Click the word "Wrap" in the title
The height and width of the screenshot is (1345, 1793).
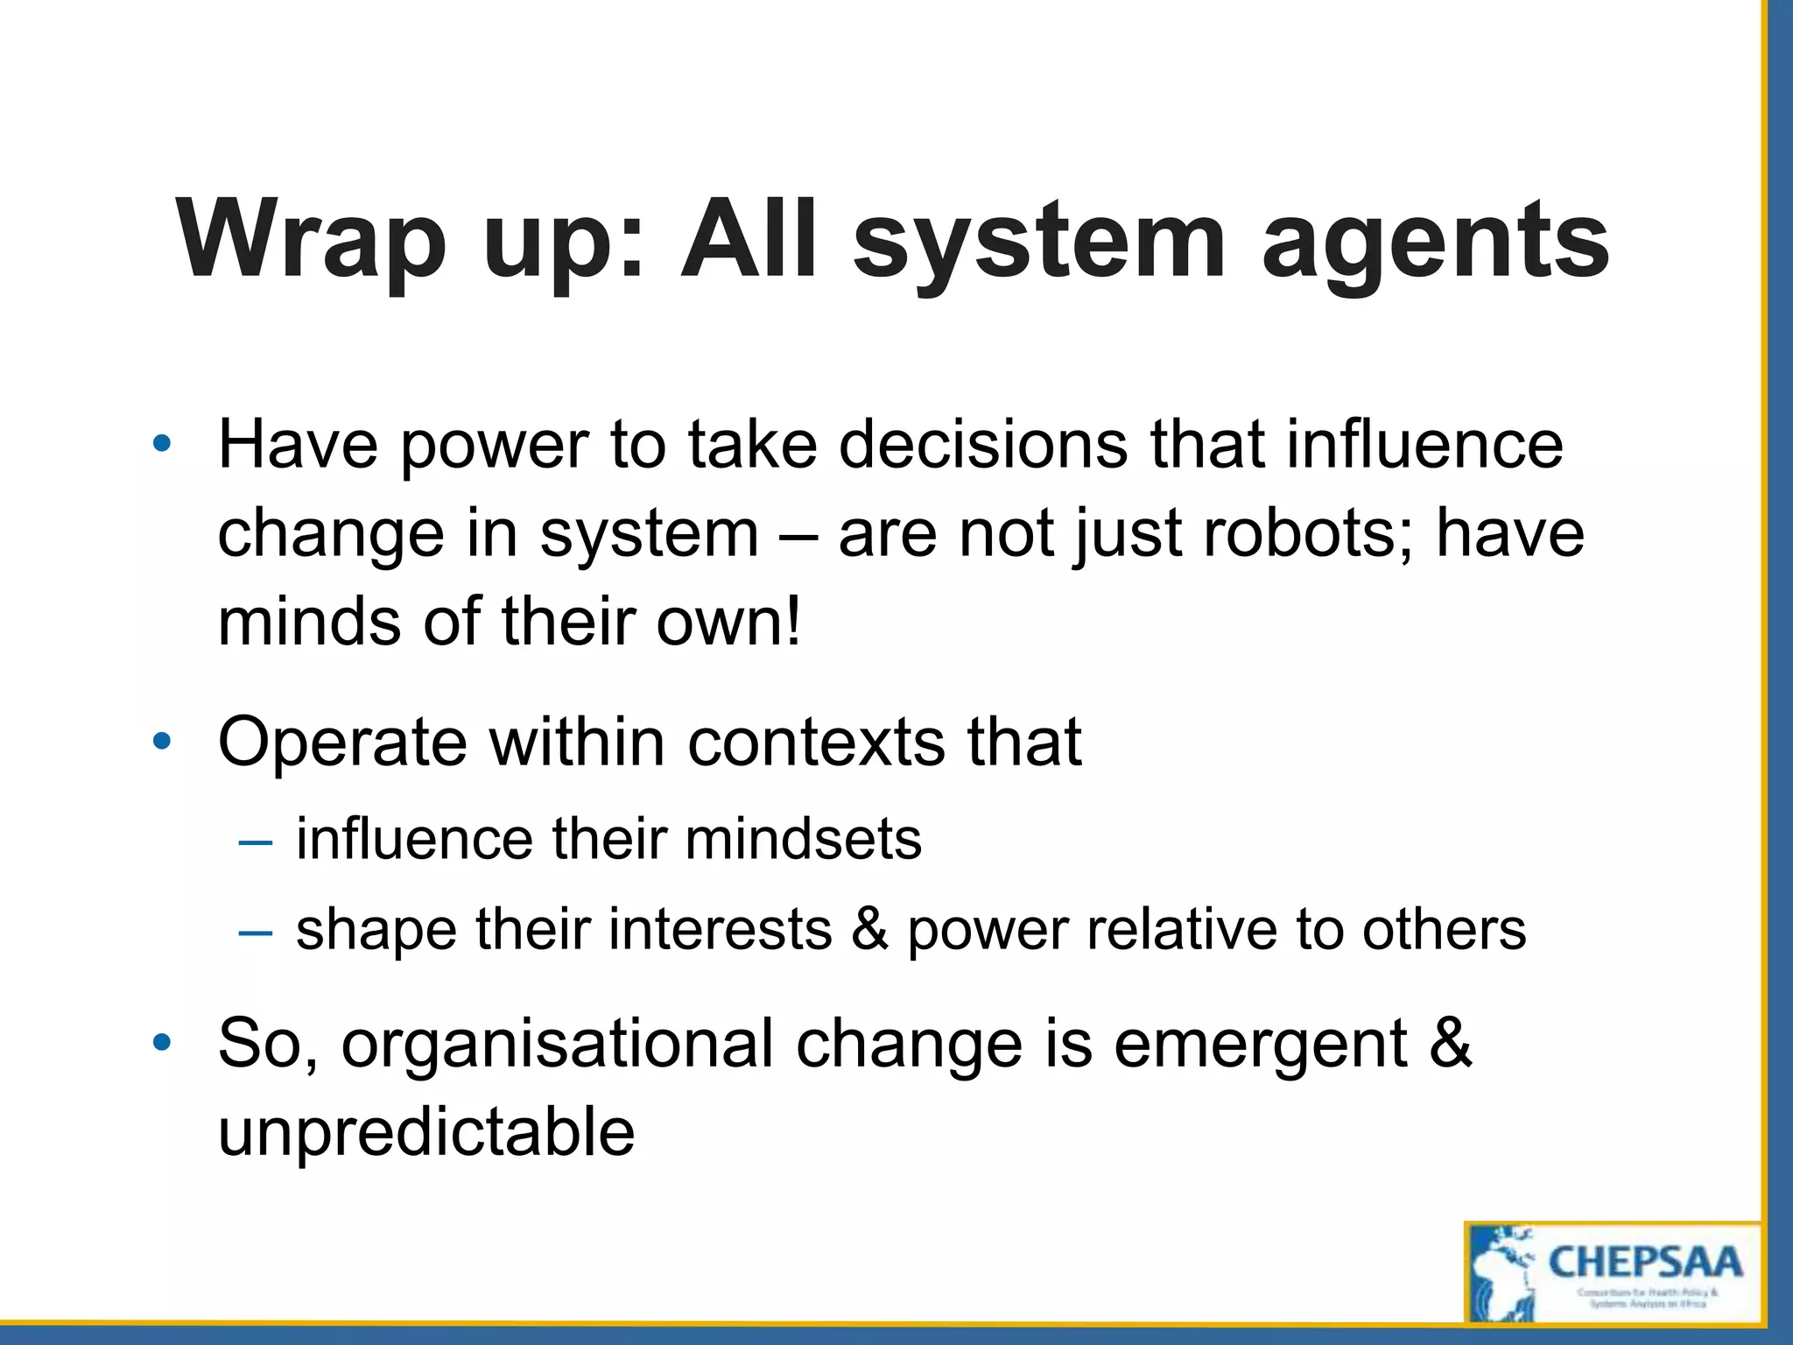point(310,240)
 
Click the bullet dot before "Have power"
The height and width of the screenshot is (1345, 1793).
point(161,445)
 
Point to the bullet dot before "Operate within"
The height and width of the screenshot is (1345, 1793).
point(161,743)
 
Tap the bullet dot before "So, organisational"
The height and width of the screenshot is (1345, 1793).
point(161,1043)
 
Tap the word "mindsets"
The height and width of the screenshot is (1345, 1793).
point(803,839)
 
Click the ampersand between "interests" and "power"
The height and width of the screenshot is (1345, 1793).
point(869,929)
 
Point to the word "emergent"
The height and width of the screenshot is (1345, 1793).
point(1261,1044)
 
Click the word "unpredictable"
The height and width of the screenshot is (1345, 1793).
point(426,1131)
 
